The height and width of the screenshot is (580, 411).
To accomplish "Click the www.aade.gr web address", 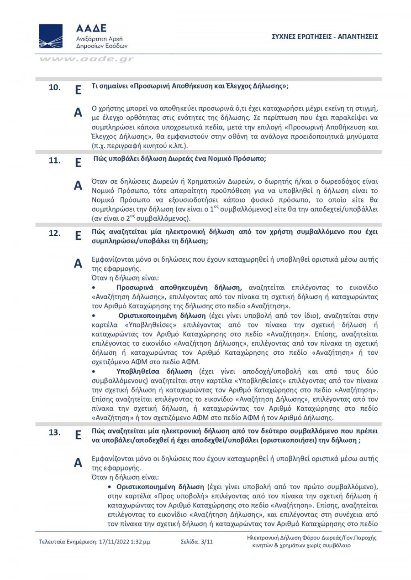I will [86, 59].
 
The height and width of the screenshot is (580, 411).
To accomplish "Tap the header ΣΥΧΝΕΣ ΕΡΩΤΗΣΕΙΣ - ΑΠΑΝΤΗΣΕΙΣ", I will [324, 36].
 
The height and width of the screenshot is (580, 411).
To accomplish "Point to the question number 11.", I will [55, 161].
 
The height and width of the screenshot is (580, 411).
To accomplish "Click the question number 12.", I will [55, 233].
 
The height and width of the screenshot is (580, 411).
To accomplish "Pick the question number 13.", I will [55, 433].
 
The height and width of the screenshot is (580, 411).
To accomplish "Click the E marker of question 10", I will [78, 89].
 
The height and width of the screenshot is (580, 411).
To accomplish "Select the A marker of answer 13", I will [78, 462].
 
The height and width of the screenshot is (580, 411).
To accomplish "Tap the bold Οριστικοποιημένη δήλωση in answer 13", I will [159, 487].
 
